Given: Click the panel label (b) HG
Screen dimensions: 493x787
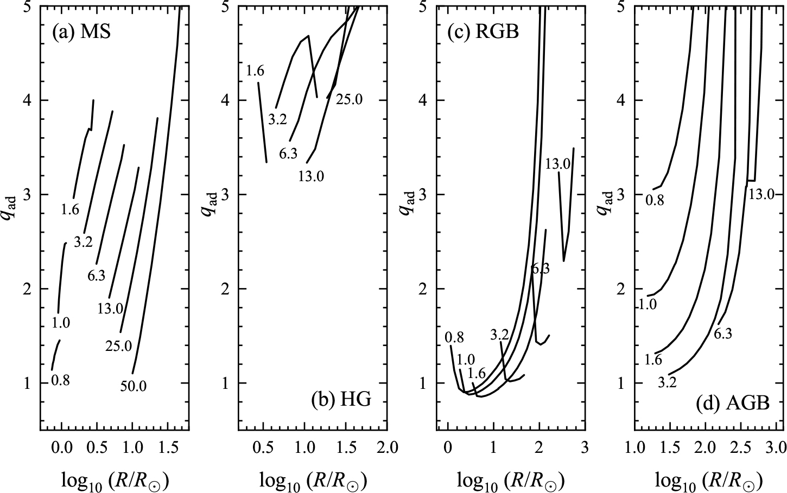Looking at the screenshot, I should click(341, 400).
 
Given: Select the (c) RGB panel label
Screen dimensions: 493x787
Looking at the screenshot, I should click(483, 32).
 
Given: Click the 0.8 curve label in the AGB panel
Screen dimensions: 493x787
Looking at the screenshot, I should click(655, 201).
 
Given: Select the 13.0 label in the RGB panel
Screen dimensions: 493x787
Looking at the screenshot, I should click(557, 164).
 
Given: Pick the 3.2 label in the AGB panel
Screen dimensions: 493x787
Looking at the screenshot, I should click(667, 383).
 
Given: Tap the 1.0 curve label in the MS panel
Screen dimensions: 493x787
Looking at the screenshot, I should click(61, 324).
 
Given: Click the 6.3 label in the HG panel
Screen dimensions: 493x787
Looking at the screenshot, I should click(288, 154).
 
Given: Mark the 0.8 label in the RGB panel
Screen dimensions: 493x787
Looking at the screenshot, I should click(454, 337).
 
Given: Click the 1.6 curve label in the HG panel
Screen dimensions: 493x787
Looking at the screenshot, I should click(255, 71).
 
